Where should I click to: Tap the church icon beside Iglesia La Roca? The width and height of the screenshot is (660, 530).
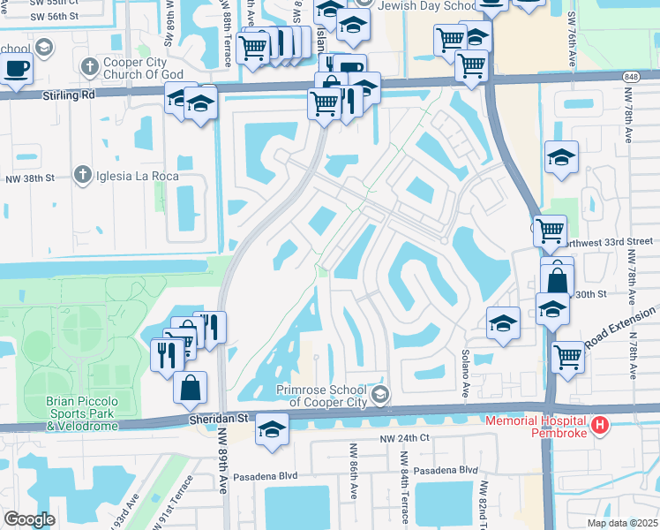(83, 175)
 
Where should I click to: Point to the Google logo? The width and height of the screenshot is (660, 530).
(28, 519)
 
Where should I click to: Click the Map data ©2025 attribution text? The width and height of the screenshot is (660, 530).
(622, 523)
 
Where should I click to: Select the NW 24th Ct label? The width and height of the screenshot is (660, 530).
(404, 438)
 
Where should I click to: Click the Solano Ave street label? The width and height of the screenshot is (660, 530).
(464, 375)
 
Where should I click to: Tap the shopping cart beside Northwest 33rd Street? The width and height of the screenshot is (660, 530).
(551, 231)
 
